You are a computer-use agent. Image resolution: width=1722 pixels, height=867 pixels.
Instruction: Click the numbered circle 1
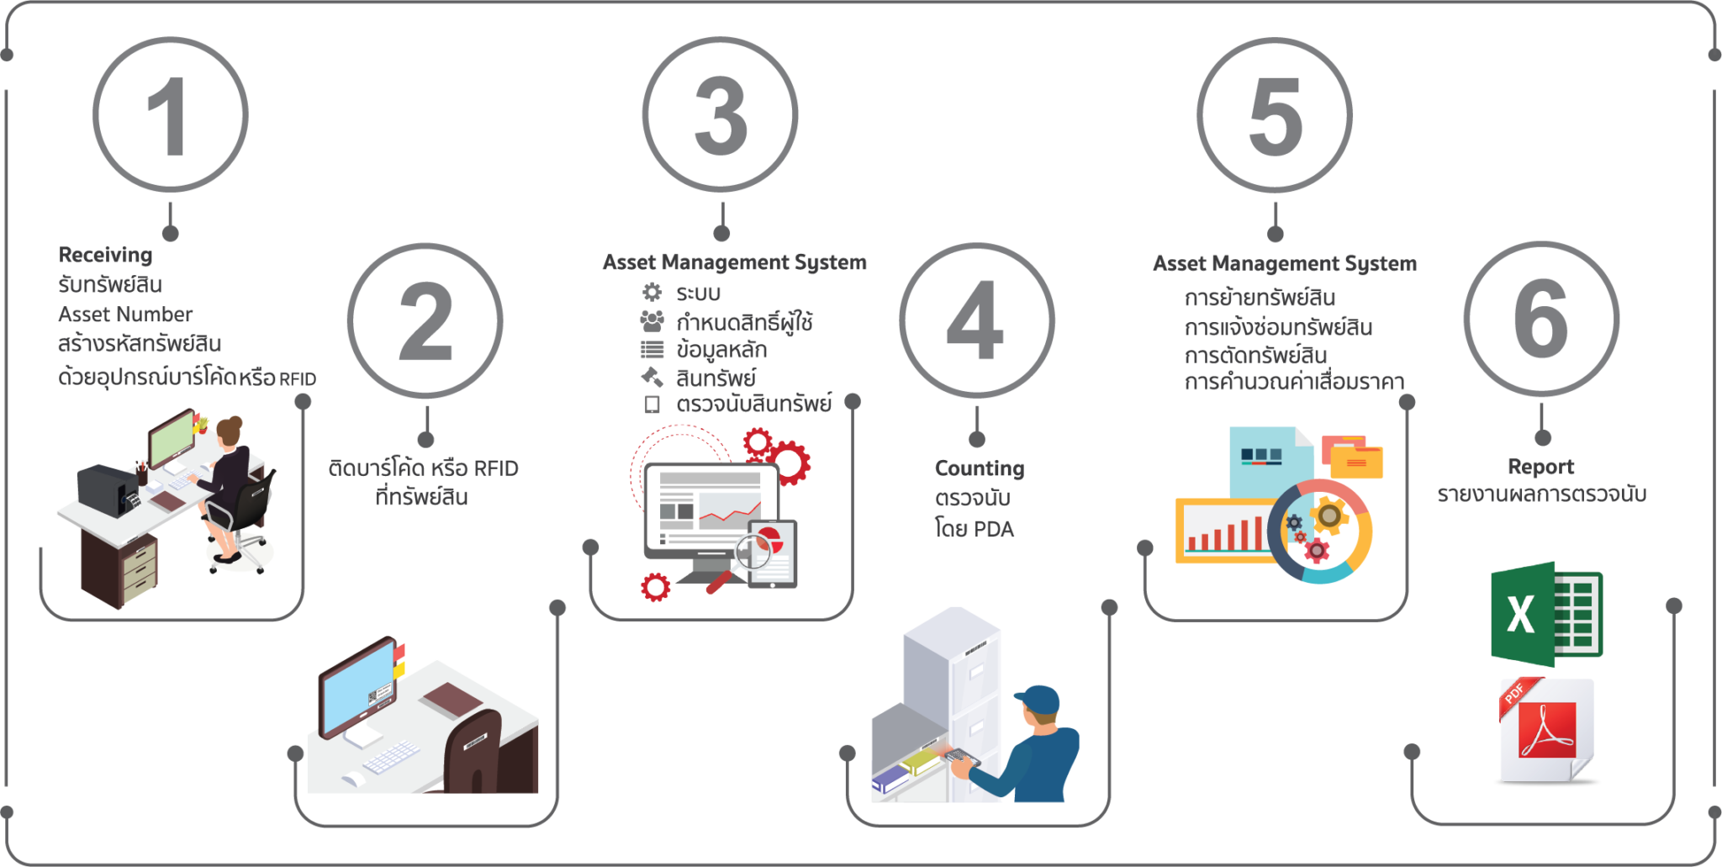click(171, 115)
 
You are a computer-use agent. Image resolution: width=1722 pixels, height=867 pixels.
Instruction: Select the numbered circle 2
click(425, 321)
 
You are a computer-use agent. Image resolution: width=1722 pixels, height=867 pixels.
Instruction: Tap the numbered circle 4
click(976, 321)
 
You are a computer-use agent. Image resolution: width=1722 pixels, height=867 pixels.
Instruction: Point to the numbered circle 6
click(1541, 320)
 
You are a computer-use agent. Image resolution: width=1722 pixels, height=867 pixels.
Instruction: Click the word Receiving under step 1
click(105, 255)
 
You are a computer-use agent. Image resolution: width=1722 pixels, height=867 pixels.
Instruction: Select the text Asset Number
click(125, 315)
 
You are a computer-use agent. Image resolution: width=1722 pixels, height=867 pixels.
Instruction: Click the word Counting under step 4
click(980, 468)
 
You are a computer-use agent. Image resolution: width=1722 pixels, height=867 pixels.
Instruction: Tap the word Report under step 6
click(1540, 467)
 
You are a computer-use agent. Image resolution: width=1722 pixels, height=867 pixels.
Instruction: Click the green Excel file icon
click(1545, 614)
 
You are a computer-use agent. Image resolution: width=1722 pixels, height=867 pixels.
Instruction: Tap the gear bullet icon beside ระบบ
click(652, 292)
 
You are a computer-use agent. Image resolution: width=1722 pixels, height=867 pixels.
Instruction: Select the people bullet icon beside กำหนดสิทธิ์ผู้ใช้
click(652, 320)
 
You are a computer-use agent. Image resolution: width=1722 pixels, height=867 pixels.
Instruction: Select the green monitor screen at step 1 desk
click(172, 437)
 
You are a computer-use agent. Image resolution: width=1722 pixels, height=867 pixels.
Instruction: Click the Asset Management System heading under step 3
click(734, 262)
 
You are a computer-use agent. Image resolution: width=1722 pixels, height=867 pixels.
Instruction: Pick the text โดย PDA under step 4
click(975, 529)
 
